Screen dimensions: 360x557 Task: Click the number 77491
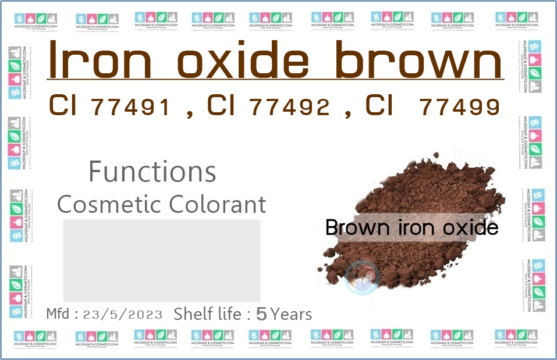131,108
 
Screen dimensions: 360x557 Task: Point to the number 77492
289,108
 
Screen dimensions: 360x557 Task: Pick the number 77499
459,108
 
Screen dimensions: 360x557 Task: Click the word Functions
152,172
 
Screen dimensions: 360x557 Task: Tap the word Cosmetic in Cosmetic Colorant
109,204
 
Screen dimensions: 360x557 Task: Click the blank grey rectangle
161,261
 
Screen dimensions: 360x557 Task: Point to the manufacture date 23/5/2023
123,315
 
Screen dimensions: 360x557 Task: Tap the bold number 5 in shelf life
261,315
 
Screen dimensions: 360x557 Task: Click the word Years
292,315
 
